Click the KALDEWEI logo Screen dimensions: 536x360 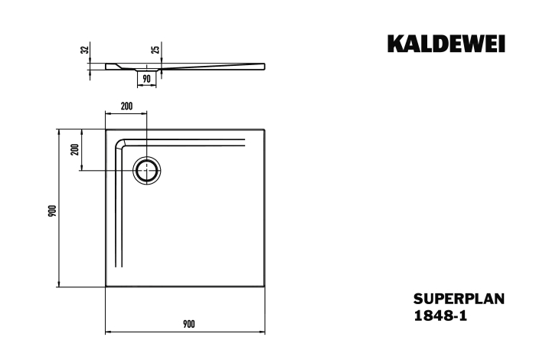tap(446, 44)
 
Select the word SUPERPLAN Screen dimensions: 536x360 tap(459, 299)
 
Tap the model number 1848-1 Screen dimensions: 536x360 tap(440, 316)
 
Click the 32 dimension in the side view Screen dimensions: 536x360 tap(85, 50)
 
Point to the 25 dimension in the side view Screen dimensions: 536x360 tap(155, 50)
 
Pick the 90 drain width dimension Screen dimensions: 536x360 tap(146, 80)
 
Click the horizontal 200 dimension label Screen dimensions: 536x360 tap(126, 106)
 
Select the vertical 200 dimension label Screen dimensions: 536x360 tap(75, 149)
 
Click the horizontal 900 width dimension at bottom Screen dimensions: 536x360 tap(188, 324)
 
